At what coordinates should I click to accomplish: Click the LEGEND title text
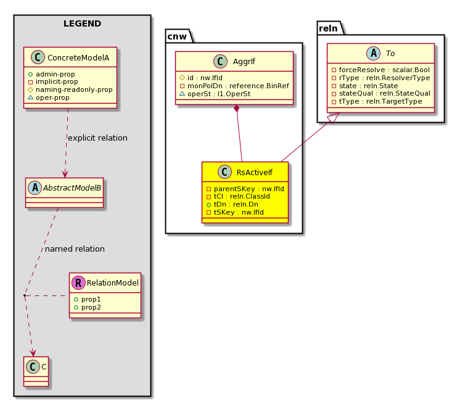(x=82, y=23)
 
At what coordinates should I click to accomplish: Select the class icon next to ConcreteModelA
(x=38, y=57)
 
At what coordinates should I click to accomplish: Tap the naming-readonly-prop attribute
(x=74, y=89)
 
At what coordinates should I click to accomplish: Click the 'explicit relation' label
(x=97, y=138)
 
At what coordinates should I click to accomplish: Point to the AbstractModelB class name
(x=72, y=187)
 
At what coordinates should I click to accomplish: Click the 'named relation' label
(x=75, y=249)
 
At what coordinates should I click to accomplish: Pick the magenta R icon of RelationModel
(x=78, y=282)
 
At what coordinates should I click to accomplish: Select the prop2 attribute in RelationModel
(x=91, y=307)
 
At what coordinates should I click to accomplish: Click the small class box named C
(x=36, y=371)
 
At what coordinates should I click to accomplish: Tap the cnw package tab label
(x=177, y=36)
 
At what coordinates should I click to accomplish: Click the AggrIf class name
(x=244, y=62)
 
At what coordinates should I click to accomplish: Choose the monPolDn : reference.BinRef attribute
(x=238, y=86)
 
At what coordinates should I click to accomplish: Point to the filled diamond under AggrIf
(x=236, y=109)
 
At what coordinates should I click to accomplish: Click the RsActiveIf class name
(x=255, y=172)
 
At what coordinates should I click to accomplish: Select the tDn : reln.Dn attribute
(x=236, y=204)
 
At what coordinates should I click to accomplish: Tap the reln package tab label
(x=328, y=28)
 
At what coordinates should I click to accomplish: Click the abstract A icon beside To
(x=373, y=54)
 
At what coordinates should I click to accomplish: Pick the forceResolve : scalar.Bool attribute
(x=384, y=70)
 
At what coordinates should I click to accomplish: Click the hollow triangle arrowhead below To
(x=334, y=118)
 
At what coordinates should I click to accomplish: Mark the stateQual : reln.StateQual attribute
(x=385, y=93)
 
